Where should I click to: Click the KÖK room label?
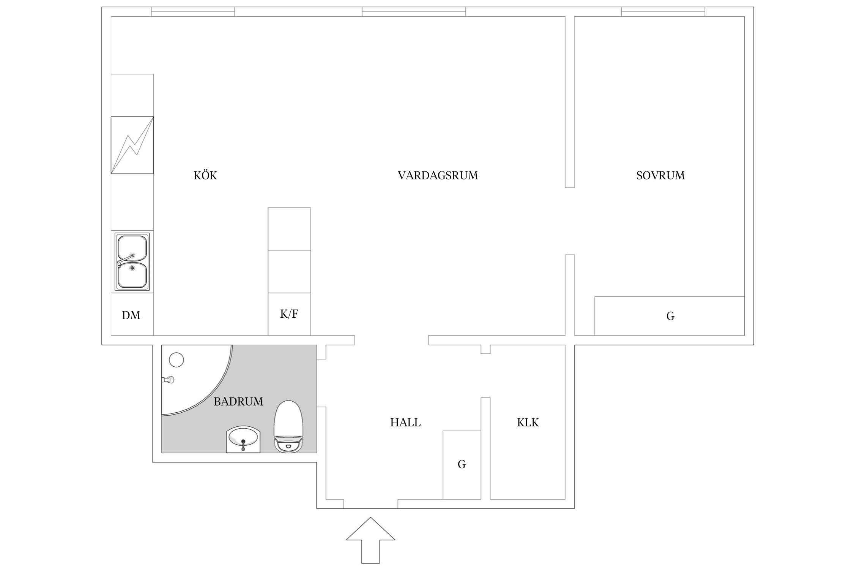click(x=205, y=176)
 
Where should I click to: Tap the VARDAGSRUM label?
click(x=438, y=176)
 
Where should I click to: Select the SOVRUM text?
click(x=660, y=176)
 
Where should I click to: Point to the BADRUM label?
click(x=238, y=402)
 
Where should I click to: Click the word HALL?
click(x=405, y=423)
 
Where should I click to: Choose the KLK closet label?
click(x=528, y=423)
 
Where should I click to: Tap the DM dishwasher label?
click(x=131, y=315)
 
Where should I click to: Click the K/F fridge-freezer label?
click(x=289, y=314)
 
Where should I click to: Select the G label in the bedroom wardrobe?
click(x=670, y=316)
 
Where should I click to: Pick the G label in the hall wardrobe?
click(x=462, y=464)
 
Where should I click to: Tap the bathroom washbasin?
click(x=243, y=439)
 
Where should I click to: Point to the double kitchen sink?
click(x=132, y=262)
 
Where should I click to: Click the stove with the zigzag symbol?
click(x=132, y=145)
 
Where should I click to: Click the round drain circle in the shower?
click(x=176, y=359)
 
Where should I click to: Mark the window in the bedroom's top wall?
click(x=663, y=12)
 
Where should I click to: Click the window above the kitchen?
click(x=193, y=12)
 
